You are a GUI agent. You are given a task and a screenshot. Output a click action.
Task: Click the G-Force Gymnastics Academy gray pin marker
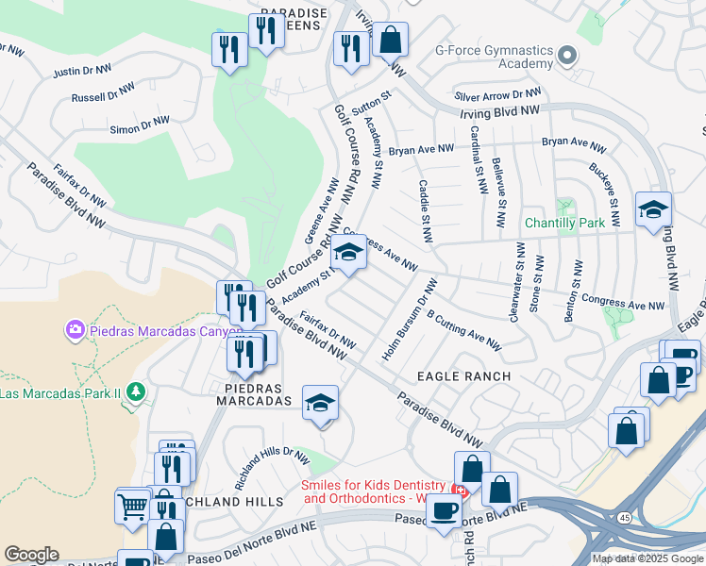pos(566,56)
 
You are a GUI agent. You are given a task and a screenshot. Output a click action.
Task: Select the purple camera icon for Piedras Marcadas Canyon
pos(75,329)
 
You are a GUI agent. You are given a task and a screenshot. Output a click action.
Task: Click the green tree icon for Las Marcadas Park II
pos(136,391)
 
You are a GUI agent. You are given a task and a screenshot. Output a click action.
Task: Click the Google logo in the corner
pos(31,555)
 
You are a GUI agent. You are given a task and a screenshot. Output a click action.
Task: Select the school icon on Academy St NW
pos(348,253)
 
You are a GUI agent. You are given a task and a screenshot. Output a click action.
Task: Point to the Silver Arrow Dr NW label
pos(497,95)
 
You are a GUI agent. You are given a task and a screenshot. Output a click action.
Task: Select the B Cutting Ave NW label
pos(463,329)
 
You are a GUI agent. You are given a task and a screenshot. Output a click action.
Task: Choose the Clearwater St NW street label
pos(516,282)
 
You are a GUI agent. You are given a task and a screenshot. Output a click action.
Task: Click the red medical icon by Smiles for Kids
pos(460,491)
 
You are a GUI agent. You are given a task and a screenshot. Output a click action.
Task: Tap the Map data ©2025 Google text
pos(647,558)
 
